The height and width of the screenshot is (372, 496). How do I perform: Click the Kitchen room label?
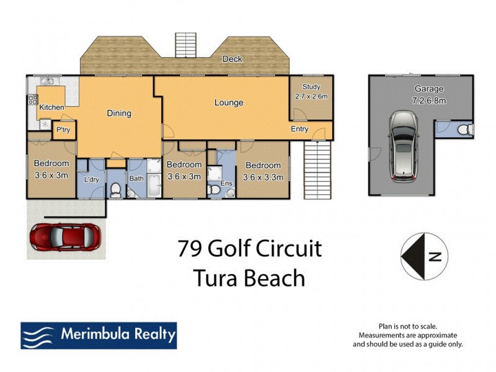tap(51, 108)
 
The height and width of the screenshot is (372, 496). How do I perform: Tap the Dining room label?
tap(119, 113)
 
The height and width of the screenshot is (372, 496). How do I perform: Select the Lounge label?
tap(229, 103)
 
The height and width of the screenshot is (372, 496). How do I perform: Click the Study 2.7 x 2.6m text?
tap(311, 92)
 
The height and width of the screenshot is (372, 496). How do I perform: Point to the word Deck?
tap(233, 60)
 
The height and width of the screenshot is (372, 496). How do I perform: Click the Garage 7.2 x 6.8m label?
tap(420, 94)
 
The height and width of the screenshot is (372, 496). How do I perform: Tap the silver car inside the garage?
tap(404, 146)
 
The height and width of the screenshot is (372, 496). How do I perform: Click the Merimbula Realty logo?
tap(99, 335)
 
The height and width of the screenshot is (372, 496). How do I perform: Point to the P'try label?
tap(63, 130)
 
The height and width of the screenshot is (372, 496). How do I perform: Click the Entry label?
tap(300, 130)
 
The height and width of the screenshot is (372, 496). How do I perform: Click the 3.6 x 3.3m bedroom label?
tap(263, 171)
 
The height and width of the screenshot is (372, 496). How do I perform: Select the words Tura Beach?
tap(249, 278)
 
